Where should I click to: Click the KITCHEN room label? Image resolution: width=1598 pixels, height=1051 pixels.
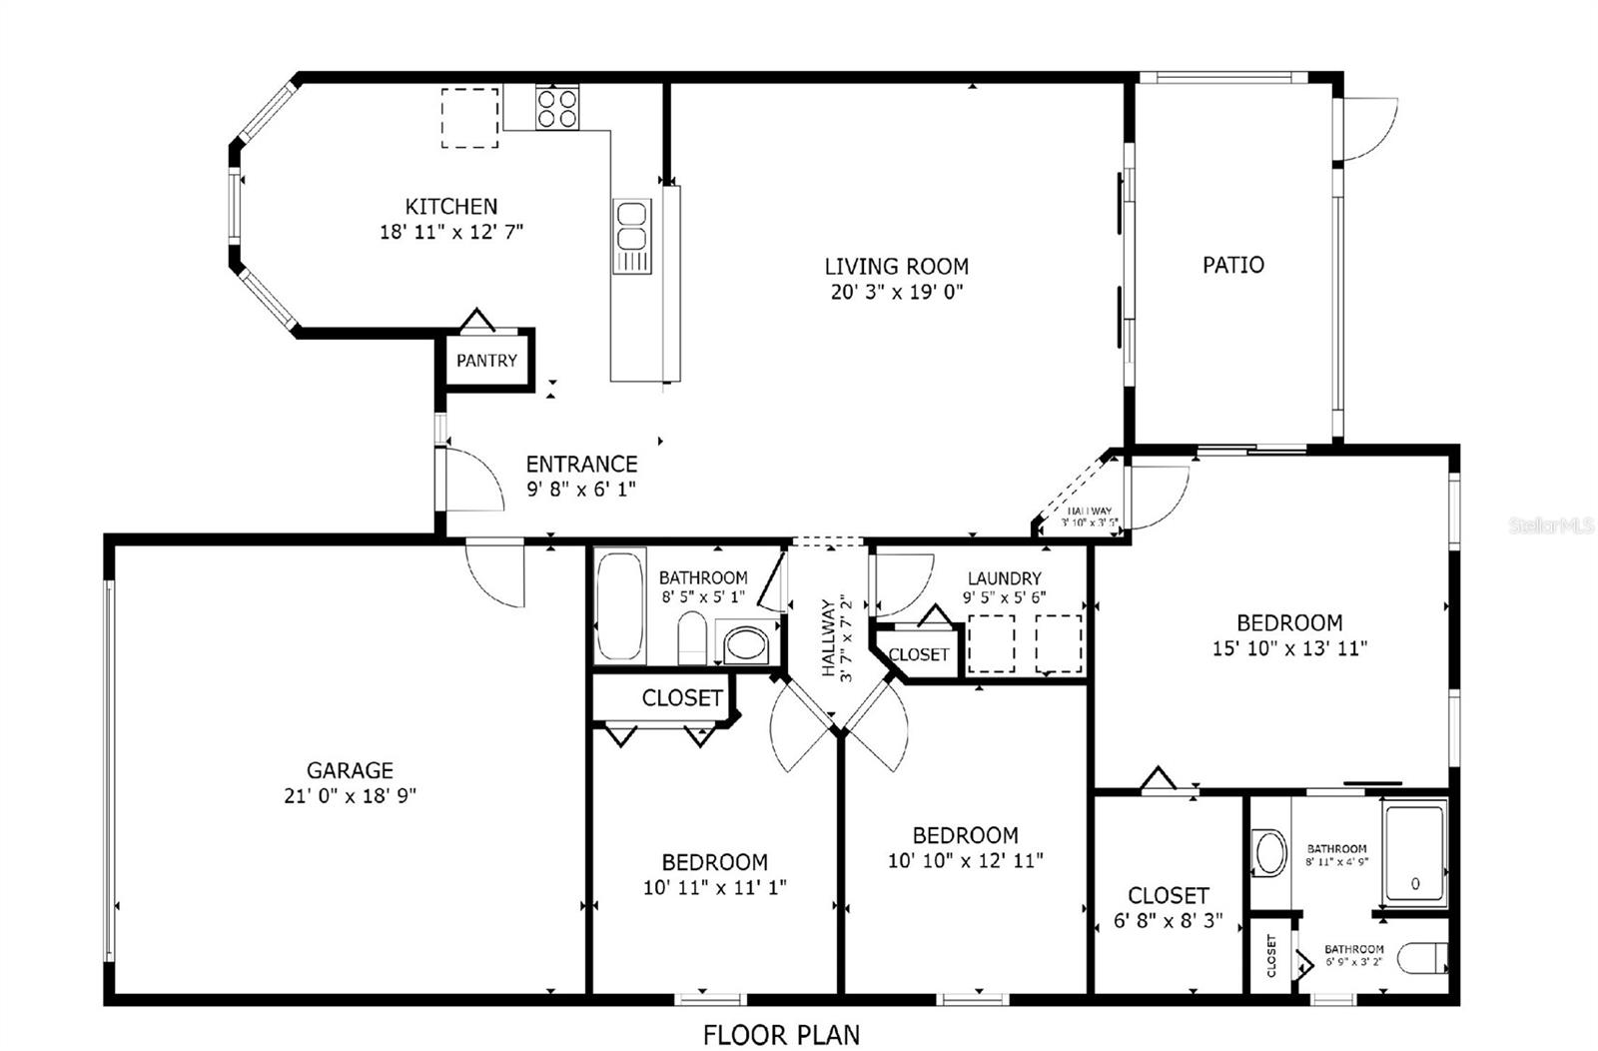coord(450,207)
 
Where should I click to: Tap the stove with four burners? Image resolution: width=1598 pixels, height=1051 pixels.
coord(557,108)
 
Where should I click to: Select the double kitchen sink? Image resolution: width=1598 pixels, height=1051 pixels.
coord(631,226)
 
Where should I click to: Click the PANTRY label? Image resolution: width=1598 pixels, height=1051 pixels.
coord(486,361)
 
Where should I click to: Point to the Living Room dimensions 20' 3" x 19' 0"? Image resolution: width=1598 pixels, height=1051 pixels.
coord(896,293)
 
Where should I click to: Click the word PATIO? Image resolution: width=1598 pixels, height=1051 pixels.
coord(1232,265)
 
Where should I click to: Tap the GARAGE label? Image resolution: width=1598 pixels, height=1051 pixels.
coord(350,770)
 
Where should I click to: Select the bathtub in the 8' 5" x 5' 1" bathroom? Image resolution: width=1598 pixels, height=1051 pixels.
coord(620,606)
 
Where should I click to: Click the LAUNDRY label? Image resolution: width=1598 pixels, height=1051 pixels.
coord(1004,578)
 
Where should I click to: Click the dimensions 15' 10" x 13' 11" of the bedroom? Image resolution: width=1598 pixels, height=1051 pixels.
coord(1288,648)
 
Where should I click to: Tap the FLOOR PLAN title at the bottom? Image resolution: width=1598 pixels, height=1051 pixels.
coord(781,1035)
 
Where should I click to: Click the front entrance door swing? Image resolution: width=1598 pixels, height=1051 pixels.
coord(472,481)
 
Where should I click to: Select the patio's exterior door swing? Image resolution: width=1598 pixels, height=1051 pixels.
coord(1368,128)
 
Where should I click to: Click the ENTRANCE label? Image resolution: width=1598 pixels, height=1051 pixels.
coord(581,464)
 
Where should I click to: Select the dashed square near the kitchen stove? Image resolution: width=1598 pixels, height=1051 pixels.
coord(470,118)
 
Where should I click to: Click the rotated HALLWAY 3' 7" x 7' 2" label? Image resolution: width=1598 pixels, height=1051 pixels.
coord(836,639)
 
